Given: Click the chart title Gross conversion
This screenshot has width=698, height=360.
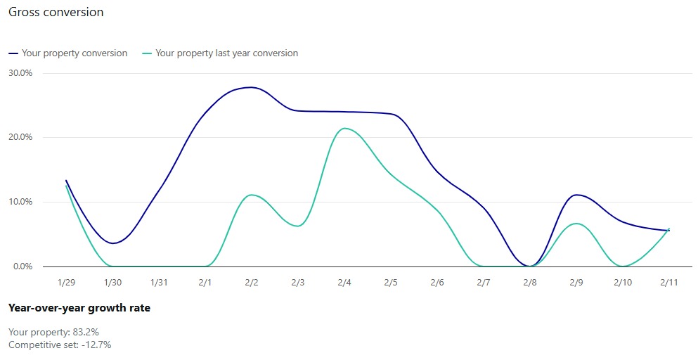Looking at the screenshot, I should pos(56,12).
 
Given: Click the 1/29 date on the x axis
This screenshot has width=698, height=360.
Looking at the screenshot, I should pos(66,283).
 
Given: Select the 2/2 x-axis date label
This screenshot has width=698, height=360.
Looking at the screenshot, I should pos(252,283).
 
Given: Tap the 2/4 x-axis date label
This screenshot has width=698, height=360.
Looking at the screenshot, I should pos(344,283).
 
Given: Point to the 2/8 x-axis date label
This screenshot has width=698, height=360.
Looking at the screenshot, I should pos(530,283).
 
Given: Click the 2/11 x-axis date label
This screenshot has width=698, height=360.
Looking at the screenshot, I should pos(668,283).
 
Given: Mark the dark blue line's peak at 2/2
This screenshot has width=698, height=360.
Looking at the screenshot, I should pos(250,87).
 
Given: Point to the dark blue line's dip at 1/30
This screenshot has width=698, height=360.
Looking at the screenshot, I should pos(114,243).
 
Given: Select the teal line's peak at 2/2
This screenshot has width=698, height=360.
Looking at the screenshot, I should pos(252,195).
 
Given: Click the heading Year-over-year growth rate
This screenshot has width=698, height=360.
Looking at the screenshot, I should pos(79,308).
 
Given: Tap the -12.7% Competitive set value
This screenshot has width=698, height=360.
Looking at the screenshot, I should pos(98,345).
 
